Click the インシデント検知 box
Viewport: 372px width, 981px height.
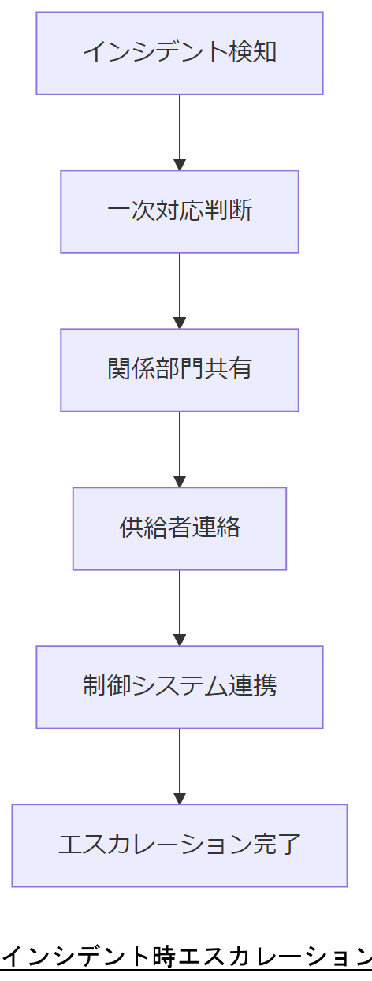click(x=180, y=53)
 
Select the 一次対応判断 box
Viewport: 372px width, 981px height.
click(x=180, y=211)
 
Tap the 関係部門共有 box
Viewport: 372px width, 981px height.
click(x=180, y=370)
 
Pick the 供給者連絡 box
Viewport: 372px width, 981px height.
click(x=180, y=528)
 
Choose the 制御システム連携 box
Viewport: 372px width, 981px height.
click(x=180, y=687)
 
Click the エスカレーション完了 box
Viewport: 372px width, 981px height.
click(x=180, y=845)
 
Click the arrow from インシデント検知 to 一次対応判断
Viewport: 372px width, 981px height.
click(x=180, y=130)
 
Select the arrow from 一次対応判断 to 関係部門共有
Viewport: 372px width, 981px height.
click(x=180, y=289)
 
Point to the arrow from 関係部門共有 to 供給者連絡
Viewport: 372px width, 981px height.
click(x=180, y=447)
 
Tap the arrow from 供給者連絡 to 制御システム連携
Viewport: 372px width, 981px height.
click(x=180, y=606)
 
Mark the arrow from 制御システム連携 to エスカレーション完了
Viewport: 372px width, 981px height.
click(x=180, y=764)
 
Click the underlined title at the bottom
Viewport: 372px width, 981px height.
click(x=186, y=957)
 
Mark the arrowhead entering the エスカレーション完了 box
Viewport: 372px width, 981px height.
click(x=180, y=797)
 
